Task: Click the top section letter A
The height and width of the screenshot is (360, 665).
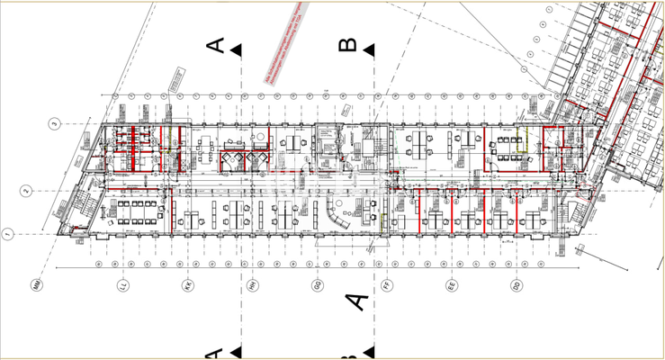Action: tap(215, 46)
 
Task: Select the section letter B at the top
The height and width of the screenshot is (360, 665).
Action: tap(347, 46)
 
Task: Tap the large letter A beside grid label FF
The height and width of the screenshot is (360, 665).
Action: tap(357, 300)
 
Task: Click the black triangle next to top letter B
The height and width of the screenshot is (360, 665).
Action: tap(369, 51)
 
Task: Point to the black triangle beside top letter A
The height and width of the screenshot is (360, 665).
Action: tap(236, 51)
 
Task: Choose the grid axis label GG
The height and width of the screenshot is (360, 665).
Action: tap(317, 287)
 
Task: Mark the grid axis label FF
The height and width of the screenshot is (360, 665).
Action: tap(384, 287)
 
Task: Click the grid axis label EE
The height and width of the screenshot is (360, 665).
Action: tap(452, 287)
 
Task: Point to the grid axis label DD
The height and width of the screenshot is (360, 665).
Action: tap(515, 287)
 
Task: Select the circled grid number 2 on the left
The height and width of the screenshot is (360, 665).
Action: tap(28, 190)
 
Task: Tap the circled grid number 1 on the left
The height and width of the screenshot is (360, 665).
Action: tap(6, 236)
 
